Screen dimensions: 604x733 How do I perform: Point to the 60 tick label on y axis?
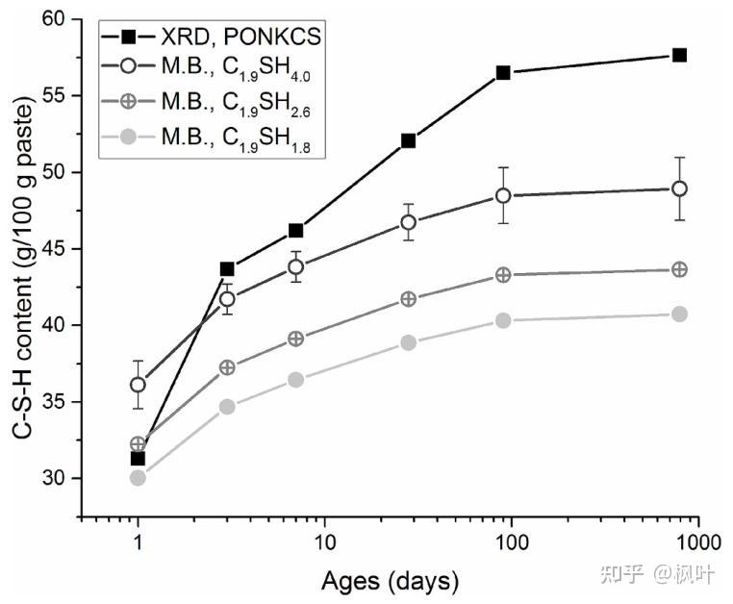(56, 19)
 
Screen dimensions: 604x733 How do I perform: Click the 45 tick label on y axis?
(56, 249)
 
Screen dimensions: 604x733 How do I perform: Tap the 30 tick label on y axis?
(56, 478)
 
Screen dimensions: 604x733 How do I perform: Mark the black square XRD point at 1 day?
(139, 458)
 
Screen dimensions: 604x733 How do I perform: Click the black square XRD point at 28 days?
(408, 140)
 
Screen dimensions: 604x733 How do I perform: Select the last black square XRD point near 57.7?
(679, 55)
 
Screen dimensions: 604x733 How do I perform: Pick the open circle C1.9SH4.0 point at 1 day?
(139, 385)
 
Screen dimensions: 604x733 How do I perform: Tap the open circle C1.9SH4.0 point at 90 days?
(503, 195)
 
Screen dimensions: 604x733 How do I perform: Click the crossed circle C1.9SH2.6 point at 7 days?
(296, 339)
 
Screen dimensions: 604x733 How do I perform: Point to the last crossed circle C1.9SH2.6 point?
(679, 269)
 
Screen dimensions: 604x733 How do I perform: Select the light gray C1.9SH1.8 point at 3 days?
(228, 407)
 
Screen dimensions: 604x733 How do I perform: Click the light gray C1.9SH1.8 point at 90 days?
(503, 320)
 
